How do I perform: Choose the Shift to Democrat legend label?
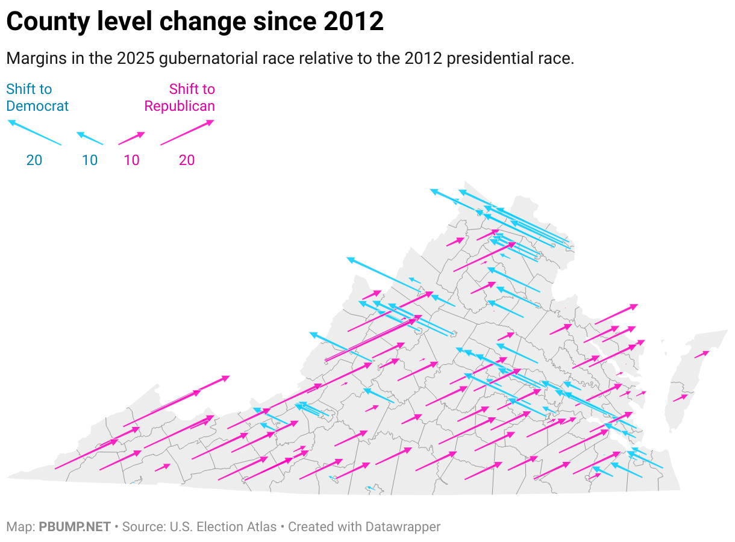click(37, 98)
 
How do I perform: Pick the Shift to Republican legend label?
click(180, 98)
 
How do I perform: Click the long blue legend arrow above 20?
click(34, 132)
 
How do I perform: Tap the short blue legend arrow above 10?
click(90, 139)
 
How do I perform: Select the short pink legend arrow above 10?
click(131, 139)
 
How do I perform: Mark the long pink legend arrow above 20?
click(187, 132)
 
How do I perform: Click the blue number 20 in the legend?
click(34, 160)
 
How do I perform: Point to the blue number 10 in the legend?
click(90, 160)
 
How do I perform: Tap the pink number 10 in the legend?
click(131, 160)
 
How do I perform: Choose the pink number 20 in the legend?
click(187, 160)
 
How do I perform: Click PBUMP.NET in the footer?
click(75, 527)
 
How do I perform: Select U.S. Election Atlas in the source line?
click(223, 527)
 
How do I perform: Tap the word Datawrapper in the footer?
click(402, 527)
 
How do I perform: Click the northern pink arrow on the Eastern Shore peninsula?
click(701, 354)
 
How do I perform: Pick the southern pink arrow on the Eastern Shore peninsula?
click(680, 397)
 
